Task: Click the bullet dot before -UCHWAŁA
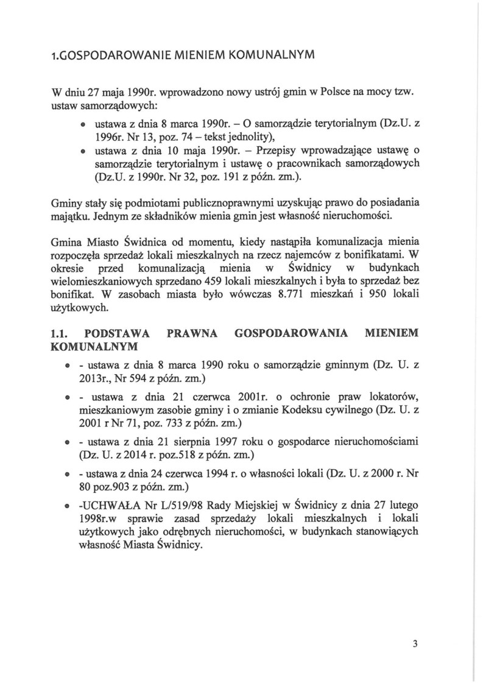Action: pos(66,505)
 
